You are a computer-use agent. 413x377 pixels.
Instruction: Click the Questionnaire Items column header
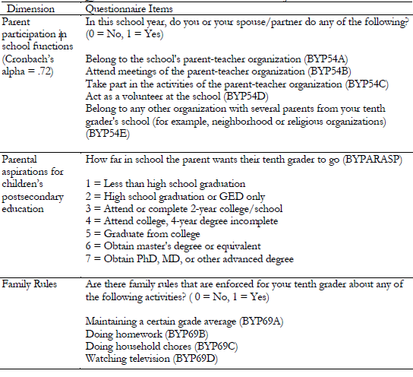coord(127,7)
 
